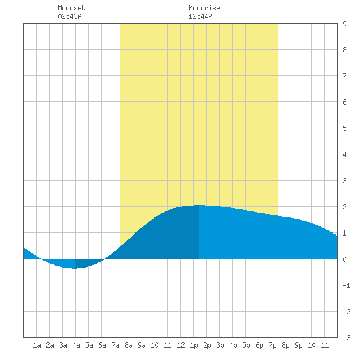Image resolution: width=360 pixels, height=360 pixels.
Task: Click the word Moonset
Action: tap(71, 8)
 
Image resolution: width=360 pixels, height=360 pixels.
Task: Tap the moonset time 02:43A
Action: tap(69, 16)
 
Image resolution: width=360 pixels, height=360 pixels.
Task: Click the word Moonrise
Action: tap(204, 8)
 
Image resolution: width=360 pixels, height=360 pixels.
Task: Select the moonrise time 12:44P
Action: tap(200, 16)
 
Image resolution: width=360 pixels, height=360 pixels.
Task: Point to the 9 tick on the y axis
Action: tap(344, 24)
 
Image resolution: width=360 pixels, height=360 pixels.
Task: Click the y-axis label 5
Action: tap(344, 128)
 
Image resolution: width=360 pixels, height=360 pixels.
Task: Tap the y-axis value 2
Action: tap(344, 207)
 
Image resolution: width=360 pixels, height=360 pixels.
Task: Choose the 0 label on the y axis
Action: tap(344, 259)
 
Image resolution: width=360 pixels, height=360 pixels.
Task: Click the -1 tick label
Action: tap(346, 285)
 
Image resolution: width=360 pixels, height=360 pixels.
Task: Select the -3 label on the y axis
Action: tap(346, 338)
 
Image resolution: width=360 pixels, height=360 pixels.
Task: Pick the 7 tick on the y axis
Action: tap(344, 76)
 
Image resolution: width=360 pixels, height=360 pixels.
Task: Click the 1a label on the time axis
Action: tap(37, 345)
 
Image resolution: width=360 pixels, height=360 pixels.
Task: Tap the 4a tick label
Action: tap(76, 345)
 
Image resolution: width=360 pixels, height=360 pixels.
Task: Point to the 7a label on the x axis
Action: tap(115, 345)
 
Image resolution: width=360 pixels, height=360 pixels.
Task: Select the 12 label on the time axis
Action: tap(181, 345)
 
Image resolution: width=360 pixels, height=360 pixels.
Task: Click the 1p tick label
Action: tap(194, 345)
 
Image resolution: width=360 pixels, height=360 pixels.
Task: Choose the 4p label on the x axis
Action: tap(233, 345)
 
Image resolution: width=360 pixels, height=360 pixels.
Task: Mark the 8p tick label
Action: tap(285, 345)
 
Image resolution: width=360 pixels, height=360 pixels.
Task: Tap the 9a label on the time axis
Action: tap(141, 345)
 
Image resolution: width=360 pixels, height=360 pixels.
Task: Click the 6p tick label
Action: tap(259, 345)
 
